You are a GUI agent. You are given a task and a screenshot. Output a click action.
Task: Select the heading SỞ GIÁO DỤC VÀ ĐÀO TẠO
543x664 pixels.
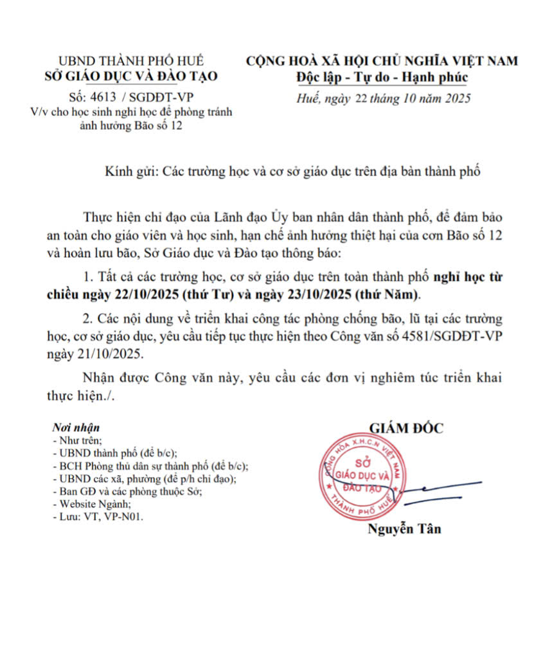pyautogui.click(x=131, y=77)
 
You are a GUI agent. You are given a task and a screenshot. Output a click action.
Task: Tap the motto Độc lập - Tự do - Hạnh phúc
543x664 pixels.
pyautogui.click(x=382, y=78)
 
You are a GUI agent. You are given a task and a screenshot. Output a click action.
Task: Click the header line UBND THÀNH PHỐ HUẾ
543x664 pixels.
pyautogui.click(x=131, y=61)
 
